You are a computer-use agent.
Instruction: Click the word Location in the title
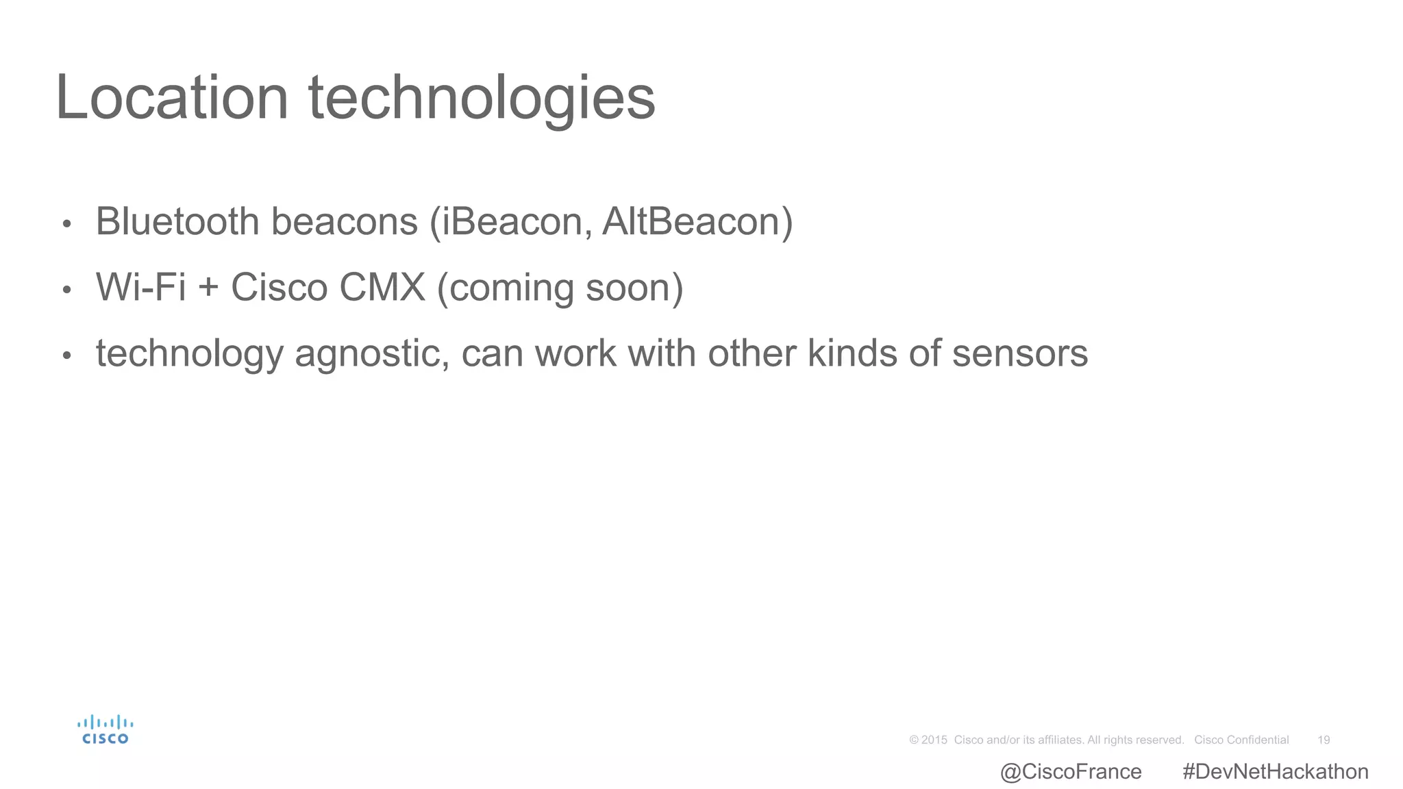171,98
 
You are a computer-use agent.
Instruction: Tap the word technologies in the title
482,98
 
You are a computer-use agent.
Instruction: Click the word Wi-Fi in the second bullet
140,287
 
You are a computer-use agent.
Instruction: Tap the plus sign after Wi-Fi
208,288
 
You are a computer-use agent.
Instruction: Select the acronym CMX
382,287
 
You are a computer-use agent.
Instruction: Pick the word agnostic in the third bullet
371,354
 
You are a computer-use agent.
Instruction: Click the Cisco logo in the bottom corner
105,730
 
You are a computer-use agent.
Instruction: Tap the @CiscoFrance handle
1071,772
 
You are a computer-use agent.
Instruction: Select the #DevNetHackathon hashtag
1275,772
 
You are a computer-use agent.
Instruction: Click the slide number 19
1324,740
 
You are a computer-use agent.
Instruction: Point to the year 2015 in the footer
934,740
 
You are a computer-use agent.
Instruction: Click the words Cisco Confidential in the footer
1241,740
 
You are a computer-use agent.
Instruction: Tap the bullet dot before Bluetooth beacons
66,224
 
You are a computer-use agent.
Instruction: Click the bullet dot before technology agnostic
66,355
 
